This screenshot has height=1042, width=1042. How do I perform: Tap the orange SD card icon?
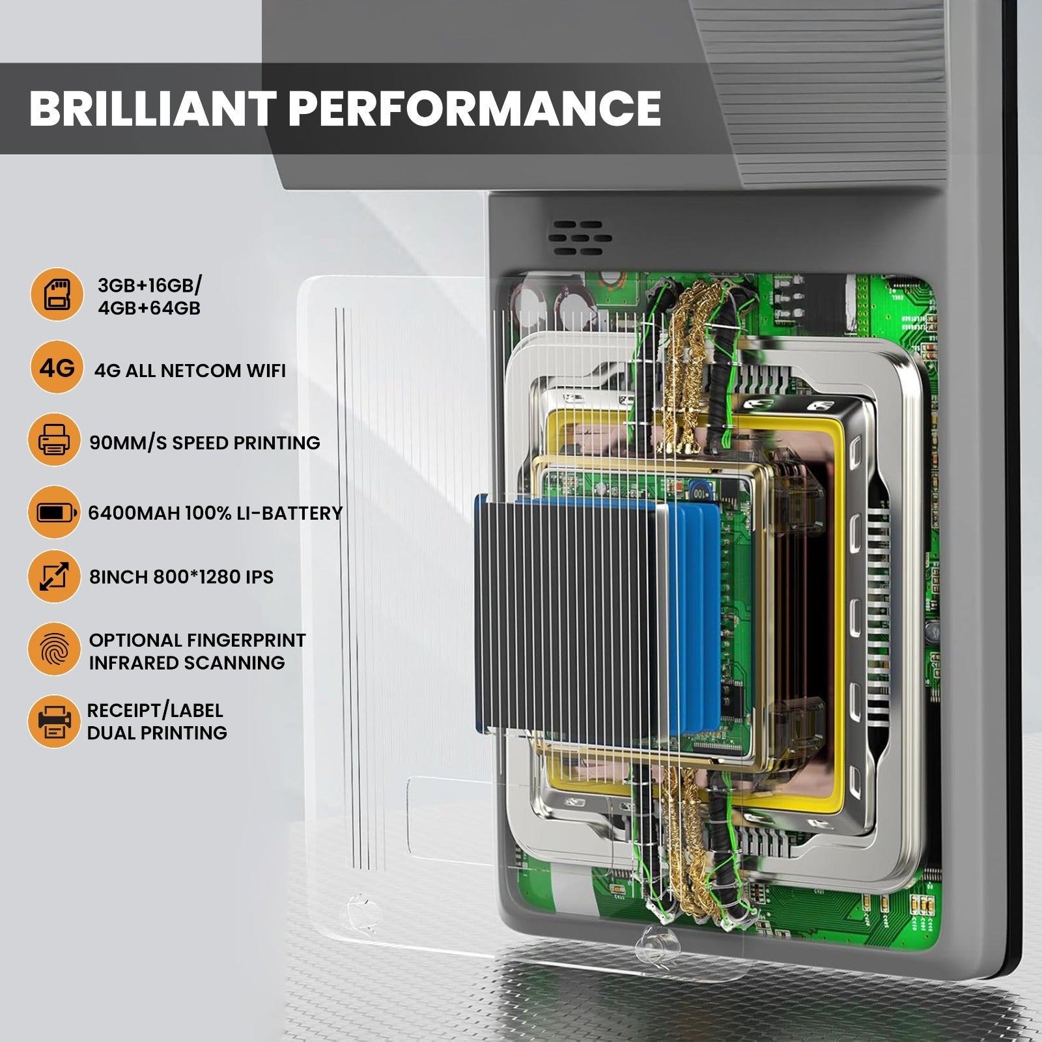click(57, 294)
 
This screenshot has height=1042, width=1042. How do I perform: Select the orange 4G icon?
click(57, 368)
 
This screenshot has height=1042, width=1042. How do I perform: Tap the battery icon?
click(54, 513)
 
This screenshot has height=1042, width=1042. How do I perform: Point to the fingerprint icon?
click(54, 649)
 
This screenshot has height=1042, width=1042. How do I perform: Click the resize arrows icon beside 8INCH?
click(54, 576)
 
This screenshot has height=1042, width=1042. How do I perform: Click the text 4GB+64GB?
click(149, 308)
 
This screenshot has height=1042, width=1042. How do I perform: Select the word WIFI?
click(265, 371)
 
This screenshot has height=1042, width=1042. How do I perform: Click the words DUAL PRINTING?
click(157, 733)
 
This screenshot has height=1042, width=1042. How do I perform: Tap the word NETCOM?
click(200, 371)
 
